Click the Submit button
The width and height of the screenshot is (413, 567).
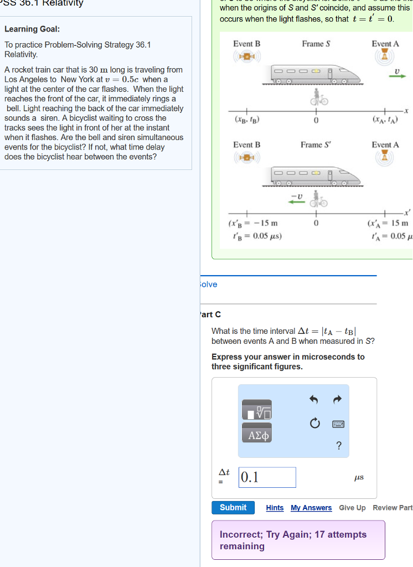click(233, 508)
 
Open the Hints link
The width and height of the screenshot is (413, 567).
click(275, 508)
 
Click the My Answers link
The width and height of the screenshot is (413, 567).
click(311, 508)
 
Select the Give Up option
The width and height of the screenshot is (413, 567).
click(352, 508)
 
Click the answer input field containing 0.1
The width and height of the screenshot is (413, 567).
click(268, 477)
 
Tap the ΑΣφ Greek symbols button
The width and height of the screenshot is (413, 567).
click(256, 435)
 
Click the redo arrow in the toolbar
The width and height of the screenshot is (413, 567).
click(338, 399)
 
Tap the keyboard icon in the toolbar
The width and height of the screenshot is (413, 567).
click(338, 424)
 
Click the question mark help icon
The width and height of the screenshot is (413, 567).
click(338, 446)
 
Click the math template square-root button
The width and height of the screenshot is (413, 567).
click(256, 410)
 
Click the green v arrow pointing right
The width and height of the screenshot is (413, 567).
click(397, 76)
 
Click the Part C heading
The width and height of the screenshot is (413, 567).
click(210, 315)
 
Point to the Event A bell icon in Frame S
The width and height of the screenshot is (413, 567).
click(385, 56)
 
